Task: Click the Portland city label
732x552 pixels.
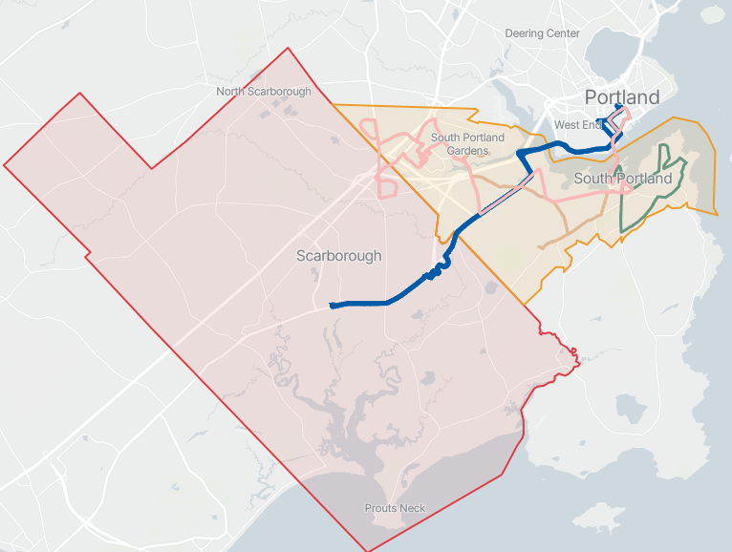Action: click(x=621, y=97)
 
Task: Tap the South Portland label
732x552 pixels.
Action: click(x=623, y=179)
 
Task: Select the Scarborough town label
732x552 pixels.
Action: click(x=338, y=256)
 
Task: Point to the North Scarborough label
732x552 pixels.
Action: click(x=264, y=92)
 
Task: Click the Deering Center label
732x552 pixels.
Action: click(x=542, y=33)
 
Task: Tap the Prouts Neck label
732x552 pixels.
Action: click(x=396, y=508)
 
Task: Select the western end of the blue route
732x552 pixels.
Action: click(x=332, y=306)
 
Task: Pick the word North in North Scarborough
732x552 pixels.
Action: click(x=232, y=92)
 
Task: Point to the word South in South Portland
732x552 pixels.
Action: click(x=594, y=179)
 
